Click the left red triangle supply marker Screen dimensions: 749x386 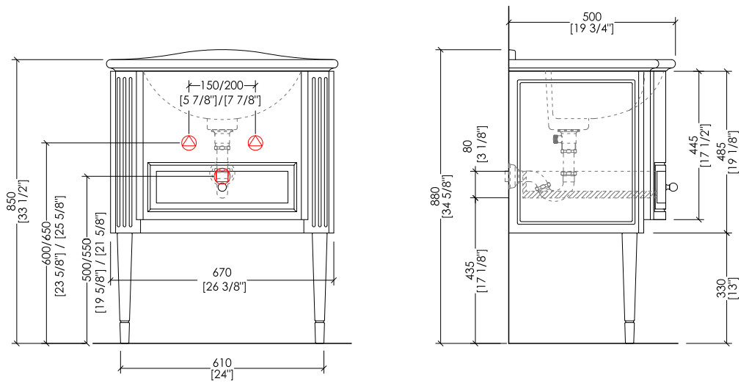click(x=189, y=142)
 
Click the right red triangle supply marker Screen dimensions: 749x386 click(x=255, y=142)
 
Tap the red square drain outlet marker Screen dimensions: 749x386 click(x=222, y=176)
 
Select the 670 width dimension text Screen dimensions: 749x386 click(x=222, y=272)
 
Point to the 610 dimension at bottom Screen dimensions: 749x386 click(x=222, y=363)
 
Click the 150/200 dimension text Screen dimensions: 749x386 click(x=222, y=86)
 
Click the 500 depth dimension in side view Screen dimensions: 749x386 click(x=592, y=17)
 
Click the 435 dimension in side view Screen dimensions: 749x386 click(x=470, y=271)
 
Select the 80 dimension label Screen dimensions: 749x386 click(x=468, y=146)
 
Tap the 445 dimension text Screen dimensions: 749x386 click(x=694, y=145)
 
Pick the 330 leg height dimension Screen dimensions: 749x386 click(x=722, y=289)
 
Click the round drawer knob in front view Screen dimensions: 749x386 click(x=222, y=187)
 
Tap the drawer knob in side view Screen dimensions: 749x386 click(x=673, y=186)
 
